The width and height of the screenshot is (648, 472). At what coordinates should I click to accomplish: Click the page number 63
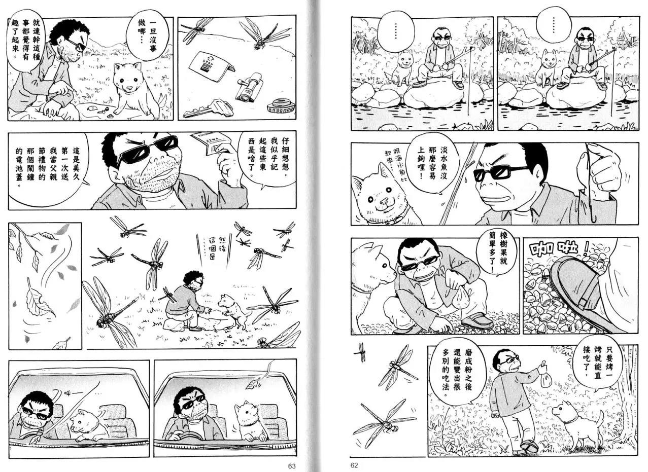click(x=292, y=465)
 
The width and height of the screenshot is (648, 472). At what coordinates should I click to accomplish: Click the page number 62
click(x=354, y=465)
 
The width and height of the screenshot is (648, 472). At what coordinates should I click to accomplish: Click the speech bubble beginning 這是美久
click(x=48, y=168)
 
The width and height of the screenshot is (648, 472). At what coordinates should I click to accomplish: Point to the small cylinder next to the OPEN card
click(x=249, y=87)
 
